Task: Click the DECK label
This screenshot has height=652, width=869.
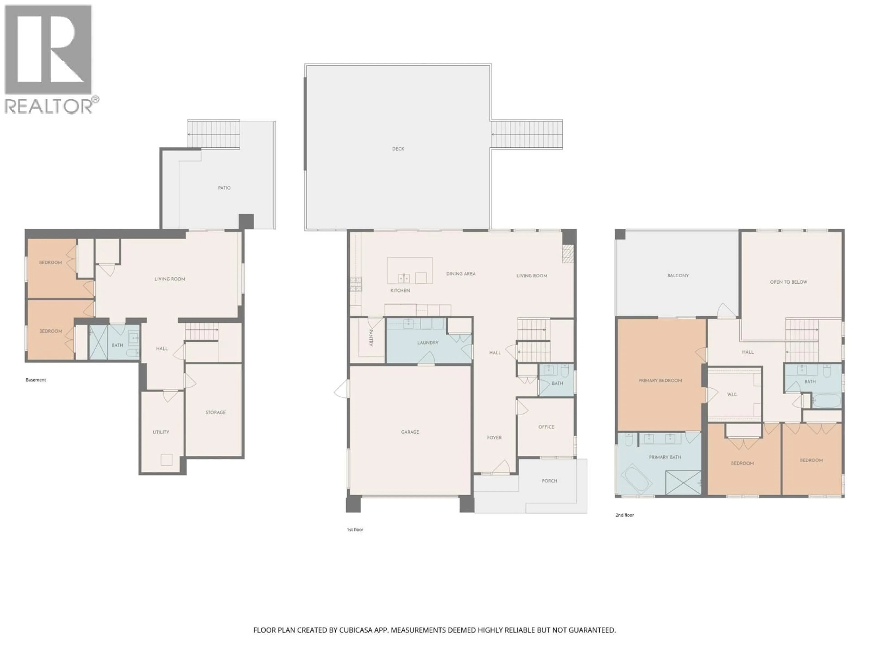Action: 398,149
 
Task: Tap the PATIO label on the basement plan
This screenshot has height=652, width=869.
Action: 224,188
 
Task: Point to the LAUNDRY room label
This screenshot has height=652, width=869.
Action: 427,342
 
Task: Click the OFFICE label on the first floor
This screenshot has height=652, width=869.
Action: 546,427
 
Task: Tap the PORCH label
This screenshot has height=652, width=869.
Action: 549,481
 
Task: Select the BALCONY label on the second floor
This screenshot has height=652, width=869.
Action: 678,276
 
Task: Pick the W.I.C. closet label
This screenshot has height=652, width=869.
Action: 732,394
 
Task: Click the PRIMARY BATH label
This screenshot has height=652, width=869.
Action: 665,457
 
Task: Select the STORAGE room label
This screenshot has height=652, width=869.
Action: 215,412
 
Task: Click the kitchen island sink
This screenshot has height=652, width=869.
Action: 403,278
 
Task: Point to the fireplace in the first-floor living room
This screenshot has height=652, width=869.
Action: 568,254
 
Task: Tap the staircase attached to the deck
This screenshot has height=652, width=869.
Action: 526,134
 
